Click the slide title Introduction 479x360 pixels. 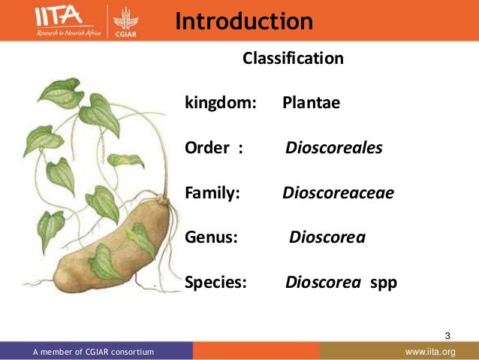[x=243, y=21]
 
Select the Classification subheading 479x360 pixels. [x=292, y=58]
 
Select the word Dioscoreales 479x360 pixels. [x=334, y=148]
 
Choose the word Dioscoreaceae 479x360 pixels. [x=338, y=193]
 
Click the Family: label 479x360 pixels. [x=212, y=193]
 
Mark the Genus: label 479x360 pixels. [x=211, y=238]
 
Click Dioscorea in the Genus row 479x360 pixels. [x=327, y=238]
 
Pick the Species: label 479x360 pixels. [x=215, y=283]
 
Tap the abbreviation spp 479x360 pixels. [x=384, y=284]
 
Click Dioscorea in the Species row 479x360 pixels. [x=323, y=283]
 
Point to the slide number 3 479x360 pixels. [x=448, y=334]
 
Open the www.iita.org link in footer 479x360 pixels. [x=430, y=352]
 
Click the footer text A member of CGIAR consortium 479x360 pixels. [x=93, y=352]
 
